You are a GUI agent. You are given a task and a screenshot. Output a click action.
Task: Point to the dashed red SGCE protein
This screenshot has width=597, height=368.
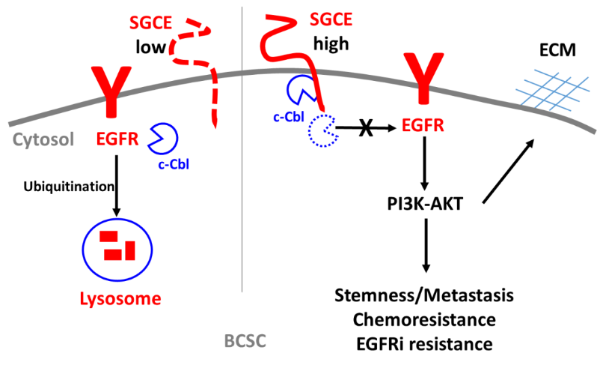214,90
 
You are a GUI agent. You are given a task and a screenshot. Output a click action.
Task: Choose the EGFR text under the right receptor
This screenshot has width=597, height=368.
423,125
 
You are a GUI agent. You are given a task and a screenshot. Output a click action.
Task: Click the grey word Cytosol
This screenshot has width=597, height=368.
43,139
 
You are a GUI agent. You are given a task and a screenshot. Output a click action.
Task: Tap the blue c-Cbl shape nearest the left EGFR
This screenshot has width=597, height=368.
164,137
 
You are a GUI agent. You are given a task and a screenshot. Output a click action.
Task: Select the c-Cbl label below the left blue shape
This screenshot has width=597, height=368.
173,164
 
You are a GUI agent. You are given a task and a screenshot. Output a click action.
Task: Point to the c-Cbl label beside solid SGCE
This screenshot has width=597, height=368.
288,117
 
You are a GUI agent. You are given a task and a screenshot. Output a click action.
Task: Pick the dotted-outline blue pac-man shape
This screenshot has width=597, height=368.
323,130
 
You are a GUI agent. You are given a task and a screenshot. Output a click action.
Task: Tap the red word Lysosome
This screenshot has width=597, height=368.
120,300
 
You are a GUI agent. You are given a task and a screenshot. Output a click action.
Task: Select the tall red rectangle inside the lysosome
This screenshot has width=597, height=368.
130,250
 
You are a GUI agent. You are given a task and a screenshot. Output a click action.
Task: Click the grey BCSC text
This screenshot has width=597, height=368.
245,342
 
